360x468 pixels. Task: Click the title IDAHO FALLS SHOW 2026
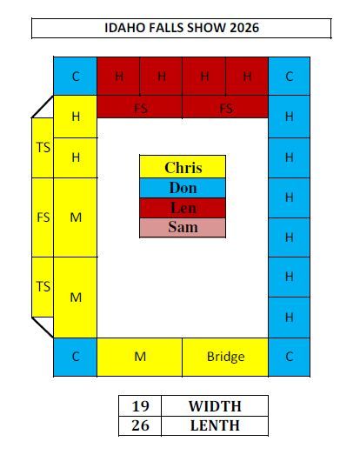(182, 28)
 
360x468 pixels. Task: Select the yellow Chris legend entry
(183, 167)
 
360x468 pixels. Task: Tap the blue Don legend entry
(183, 188)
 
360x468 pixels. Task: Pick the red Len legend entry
(183, 208)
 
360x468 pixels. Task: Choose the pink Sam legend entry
(183, 227)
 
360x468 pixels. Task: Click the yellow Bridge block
(225, 357)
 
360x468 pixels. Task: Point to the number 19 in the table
(140, 406)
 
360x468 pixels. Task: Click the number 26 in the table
(140, 425)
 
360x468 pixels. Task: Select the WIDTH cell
(215, 406)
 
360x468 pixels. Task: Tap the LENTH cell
(215, 425)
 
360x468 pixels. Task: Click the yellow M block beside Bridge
(140, 357)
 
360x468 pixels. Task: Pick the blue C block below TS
(76, 357)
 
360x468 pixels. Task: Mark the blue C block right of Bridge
(289, 357)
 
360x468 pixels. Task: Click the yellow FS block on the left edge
(43, 217)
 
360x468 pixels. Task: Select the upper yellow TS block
(43, 148)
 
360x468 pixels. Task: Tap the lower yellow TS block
(43, 287)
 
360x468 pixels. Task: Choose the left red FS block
(140, 107)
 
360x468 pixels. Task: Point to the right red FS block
(225, 107)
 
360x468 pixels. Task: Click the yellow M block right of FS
(76, 217)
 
